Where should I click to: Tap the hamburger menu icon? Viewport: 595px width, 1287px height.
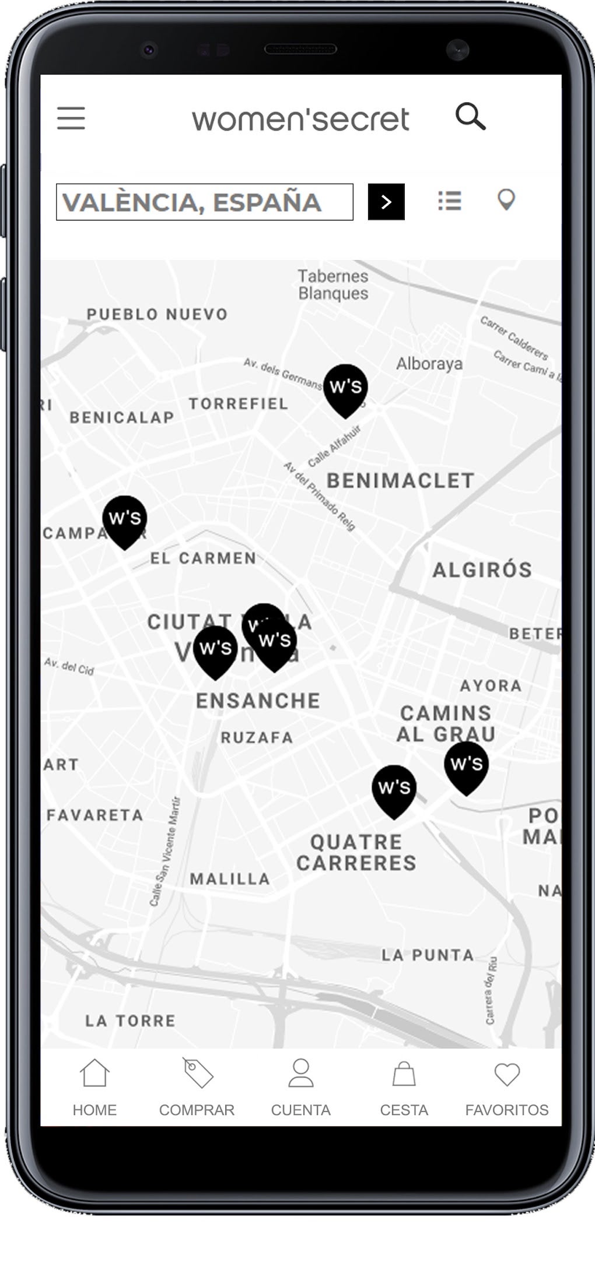coord(71,118)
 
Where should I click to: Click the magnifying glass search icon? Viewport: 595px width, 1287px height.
coord(470,117)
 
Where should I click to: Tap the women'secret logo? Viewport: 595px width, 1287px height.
coord(300,119)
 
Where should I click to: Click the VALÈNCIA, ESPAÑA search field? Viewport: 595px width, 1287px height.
coord(204,202)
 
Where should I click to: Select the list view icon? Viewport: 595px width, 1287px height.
coord(450,201)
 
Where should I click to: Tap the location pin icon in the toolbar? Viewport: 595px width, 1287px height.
coord(506,200)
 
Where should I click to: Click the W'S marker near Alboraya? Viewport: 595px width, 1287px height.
coord(346,388)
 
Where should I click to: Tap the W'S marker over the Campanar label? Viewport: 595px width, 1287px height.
coord(124,519)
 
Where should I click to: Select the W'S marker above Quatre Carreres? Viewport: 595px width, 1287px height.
coord(394,789)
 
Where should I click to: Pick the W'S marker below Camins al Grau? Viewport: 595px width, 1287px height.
coord(466,765)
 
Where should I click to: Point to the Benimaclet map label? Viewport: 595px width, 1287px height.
coord(400,481)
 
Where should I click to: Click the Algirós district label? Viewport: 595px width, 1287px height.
coord(482,569)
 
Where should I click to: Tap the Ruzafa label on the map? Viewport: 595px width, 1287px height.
coord(257,738)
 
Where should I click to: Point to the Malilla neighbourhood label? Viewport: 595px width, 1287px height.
coord(230,879)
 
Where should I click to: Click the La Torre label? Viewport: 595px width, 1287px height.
coord(130,1021)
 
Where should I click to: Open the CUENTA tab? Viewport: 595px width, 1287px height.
coord(300,1087)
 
